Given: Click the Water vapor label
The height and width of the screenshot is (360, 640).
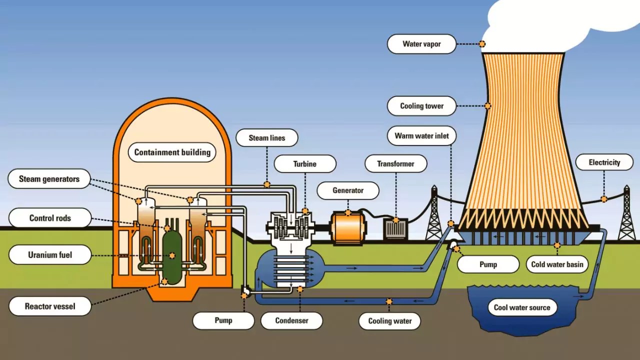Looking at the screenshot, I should pos(421,44).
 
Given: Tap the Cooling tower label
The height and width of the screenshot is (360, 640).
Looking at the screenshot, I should pos(421,106).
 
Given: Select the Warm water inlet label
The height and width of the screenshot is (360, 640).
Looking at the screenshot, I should pos(421,136).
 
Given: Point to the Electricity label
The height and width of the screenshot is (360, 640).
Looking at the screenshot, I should pos(604,162).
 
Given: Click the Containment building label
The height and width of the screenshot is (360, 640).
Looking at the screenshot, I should pos(172,152).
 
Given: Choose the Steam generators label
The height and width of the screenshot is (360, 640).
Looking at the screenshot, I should pos(49,179).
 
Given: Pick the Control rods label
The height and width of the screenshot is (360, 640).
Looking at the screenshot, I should pos(50,218).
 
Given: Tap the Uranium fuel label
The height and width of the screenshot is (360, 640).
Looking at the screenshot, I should pos(50,255).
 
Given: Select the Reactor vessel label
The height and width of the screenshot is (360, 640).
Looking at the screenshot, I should pos(50,306).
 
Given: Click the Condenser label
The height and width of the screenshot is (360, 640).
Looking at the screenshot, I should pos(291,320).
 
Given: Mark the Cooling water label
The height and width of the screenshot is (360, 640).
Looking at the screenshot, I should pos(389,320).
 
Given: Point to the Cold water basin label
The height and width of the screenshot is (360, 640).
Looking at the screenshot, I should pos(557,264).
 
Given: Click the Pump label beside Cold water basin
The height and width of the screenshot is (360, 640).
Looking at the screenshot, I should pos(488,264).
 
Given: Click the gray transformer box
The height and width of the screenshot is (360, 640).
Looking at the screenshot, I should pos(395,228).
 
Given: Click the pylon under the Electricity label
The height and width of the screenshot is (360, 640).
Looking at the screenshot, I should pos(626,215).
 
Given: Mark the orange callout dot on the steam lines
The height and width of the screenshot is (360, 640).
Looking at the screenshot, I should pos(267,184).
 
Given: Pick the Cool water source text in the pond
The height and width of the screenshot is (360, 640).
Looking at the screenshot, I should pos(521,307).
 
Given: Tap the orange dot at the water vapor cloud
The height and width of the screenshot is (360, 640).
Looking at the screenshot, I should pos(482,44).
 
